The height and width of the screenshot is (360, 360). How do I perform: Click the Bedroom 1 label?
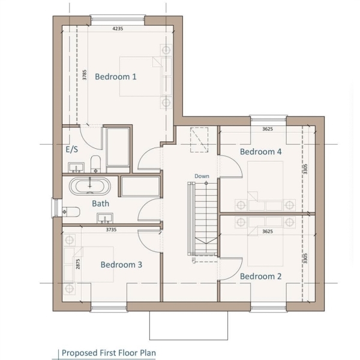tap(115, 77)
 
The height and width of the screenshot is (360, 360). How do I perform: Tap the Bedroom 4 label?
tap(260, 152)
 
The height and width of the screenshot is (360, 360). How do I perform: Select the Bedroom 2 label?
tap(260, 276)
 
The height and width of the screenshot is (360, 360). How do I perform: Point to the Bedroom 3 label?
tap(121, 265)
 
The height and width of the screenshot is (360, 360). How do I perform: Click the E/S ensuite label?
tap(72, 149)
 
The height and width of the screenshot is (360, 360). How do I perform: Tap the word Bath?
tap(100, 203)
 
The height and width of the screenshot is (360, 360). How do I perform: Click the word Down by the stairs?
tap(202, 176)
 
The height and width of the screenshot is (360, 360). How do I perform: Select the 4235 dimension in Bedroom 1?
tap(118, 29)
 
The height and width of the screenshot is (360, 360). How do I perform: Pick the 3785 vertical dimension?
tap(85, 75)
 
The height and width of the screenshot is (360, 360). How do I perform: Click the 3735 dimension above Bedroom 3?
tap(111, 230)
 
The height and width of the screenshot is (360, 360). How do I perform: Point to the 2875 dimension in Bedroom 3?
tap(78, 264)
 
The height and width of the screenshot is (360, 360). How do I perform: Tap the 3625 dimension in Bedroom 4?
tap(268, 129)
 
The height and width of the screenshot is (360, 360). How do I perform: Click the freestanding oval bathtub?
tap(90, 186)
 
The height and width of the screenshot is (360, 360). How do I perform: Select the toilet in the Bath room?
tap(71, 212)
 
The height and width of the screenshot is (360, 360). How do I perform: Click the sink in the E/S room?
tap(76, 167)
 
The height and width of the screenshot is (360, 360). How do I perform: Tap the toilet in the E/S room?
tap(96, 164)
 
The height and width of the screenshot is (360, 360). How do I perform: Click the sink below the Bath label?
tap(105, 218)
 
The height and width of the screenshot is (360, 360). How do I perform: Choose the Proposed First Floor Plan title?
tap(109, 353)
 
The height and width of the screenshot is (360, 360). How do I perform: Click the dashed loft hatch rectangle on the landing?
tap(199, 140)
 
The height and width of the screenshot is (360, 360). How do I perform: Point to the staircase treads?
tap(206, 218)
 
